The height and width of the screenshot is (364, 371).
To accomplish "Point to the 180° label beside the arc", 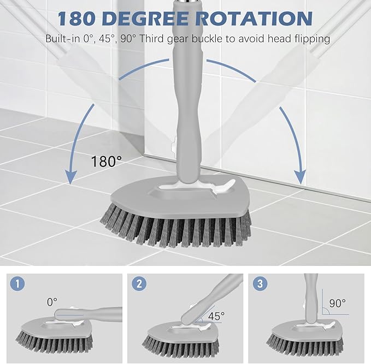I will coord(107,161).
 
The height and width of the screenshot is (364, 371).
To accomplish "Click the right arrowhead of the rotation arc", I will coord(299,176).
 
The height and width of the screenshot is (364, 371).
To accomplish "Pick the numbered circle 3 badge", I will coord(261,285).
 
